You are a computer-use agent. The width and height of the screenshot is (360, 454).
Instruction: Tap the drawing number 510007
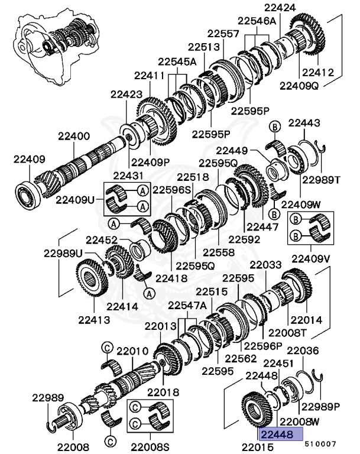(320, 442)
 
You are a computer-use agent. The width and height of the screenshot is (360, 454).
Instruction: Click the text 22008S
(150, 446)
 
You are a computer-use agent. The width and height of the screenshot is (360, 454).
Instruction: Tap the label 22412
(319, 74)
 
